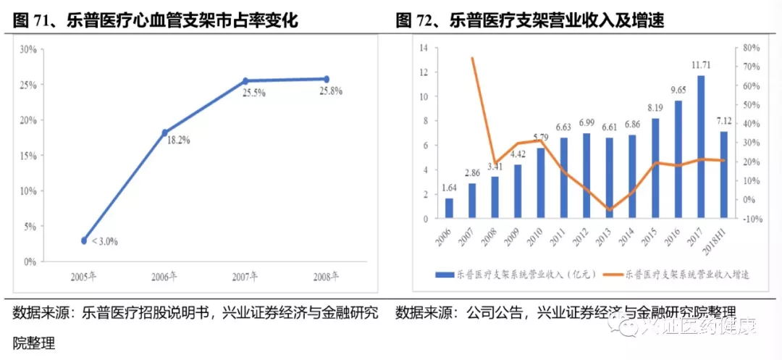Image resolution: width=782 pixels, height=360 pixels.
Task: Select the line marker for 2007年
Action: pos(245,81)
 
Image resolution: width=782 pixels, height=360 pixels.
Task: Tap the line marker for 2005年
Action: pos(84,240)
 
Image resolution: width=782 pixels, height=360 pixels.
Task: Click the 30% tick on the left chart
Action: pos(28,49)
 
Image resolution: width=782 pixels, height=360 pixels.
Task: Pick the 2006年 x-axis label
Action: pos(164,276)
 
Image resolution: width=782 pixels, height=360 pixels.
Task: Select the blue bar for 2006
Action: pos(449,208)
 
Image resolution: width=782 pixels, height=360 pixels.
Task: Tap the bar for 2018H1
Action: pos(723,175)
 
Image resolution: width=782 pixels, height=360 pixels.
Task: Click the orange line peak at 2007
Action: pos(472,58)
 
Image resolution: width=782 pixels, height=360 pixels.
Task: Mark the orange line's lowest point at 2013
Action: pos(610,209)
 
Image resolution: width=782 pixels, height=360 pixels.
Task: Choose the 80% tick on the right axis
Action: pos(751,48)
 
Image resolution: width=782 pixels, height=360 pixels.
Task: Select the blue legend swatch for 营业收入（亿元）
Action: pos(444,275)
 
